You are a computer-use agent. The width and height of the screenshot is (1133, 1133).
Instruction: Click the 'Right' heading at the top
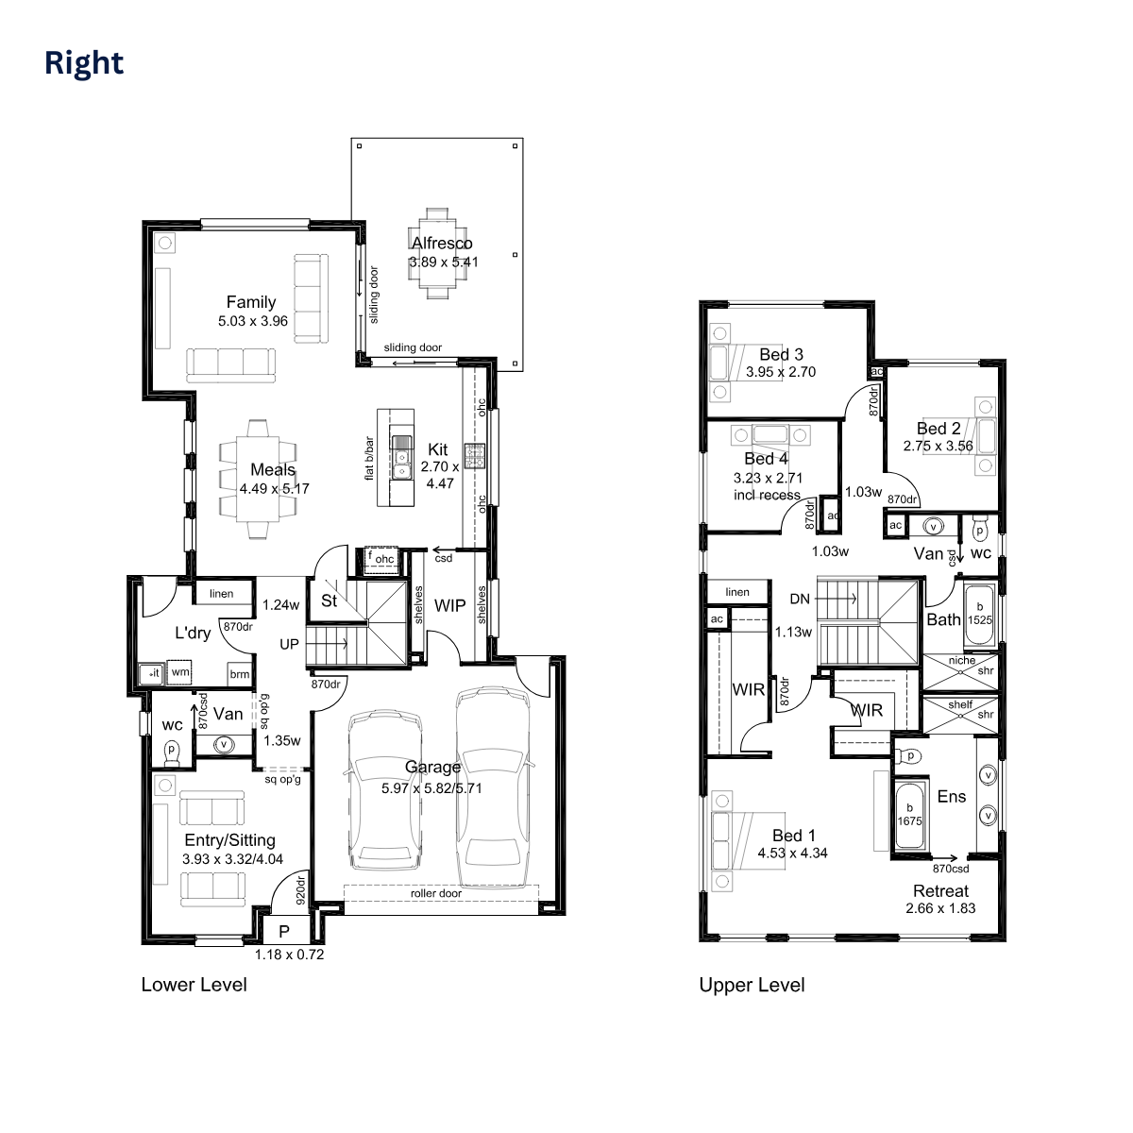pyautogui.click(x=84, y=63)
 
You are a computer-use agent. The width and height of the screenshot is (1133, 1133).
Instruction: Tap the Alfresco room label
pyautogui.click(x=442, y=243)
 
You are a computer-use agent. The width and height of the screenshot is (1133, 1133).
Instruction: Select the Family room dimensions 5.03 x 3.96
pyautogui.click(x=252, y=321)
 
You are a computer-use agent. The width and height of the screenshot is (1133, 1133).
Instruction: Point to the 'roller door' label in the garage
pyautogui.click(x=436, y=893)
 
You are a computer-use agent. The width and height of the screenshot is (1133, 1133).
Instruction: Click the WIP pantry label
pyautogui.click(x=450, y=605)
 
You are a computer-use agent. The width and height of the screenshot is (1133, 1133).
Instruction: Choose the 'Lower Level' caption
pyautogui.click(x=194, y=985)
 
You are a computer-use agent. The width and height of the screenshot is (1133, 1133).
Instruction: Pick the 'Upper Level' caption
pyautogui.click(x=752, y=986)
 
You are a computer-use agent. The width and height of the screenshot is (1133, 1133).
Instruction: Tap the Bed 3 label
pyautogui.click(x=781, y=354)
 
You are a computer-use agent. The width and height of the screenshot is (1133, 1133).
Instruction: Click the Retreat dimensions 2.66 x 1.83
pyautogui.click(x=940, y=908)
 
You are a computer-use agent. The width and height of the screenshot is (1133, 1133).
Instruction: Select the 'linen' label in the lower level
pyautogui.click(x=221, y=594)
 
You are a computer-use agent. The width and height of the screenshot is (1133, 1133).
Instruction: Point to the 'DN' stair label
pyautogui.click(x=799, y=599)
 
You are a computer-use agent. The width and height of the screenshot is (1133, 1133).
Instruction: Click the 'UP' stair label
pyautogui.click(x=290, y=643)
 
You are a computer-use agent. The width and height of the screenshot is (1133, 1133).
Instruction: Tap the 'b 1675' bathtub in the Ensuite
pyautogui.click(x=909, y=814)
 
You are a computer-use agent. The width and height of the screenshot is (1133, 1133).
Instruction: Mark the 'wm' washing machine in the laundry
pyautogui.click(x=180, y=672)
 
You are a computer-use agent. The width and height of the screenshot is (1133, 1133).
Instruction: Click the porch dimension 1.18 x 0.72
pyautogui.click(x=289, y=955)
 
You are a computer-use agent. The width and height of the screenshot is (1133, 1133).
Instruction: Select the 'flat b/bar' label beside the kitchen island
pyautogui.click(x=369, y=459)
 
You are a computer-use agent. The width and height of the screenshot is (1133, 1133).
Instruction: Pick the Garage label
pyautogui.click(x=432, y=767)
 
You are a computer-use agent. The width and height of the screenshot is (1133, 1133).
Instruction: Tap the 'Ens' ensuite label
pyautogui.click(x=951, y=797)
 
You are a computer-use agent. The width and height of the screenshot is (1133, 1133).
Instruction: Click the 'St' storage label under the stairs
pyautogui.click(x=329, y=600)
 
